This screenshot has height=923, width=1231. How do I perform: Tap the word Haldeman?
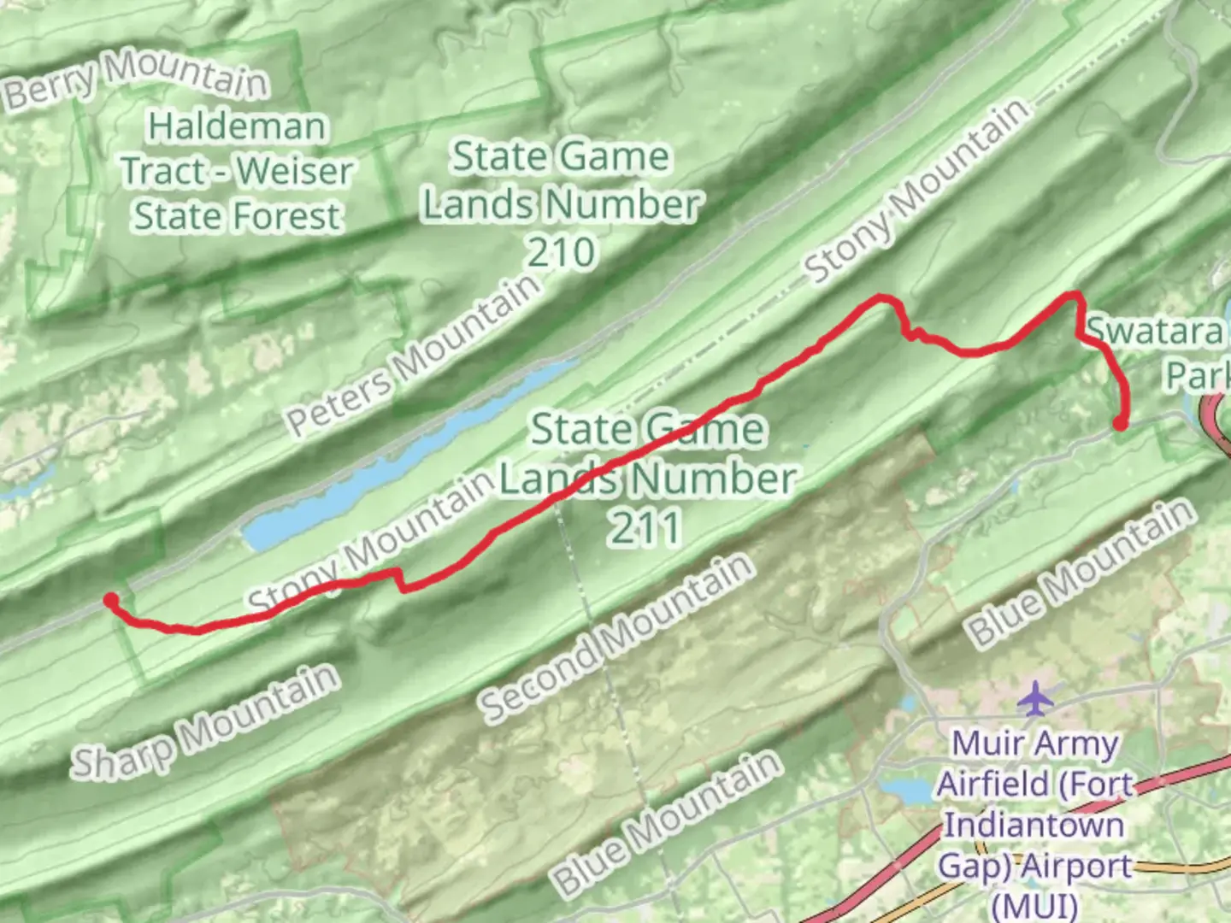237,127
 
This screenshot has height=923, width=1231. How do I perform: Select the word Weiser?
294,171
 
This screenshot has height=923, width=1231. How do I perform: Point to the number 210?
561,252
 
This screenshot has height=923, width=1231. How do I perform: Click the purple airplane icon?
1036,698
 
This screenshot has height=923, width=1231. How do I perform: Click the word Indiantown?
1034,825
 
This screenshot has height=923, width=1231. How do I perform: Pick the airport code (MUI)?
1034,904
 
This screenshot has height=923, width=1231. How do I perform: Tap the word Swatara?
1154,331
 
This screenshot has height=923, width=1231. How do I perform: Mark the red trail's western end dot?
110,600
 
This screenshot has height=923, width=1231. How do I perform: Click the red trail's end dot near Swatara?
1119,423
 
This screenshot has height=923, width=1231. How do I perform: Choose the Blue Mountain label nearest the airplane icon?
1079,573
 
